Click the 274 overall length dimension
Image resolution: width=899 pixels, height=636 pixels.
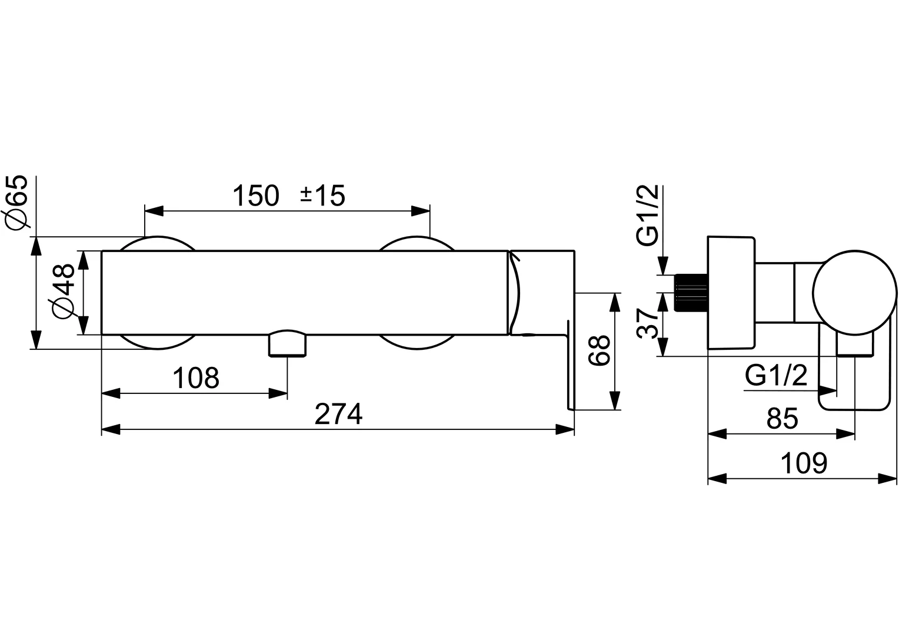tap(338, 414)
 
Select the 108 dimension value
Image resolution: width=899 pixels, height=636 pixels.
tap(196, 377)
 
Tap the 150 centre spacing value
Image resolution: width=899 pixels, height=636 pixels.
tap(255, 196)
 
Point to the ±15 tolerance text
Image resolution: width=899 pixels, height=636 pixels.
tap(322, 196)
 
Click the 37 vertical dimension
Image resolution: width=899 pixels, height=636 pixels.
tap(648, 323)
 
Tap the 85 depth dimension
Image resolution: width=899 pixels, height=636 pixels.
tap(782, 419)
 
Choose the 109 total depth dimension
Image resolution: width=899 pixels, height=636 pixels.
tap(804, 463)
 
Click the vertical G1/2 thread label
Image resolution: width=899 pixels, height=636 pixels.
tap(648, 215)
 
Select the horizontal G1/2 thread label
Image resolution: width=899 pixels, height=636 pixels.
tap(776, 375)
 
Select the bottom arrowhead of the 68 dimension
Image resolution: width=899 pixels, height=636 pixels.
tap(614, 400)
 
